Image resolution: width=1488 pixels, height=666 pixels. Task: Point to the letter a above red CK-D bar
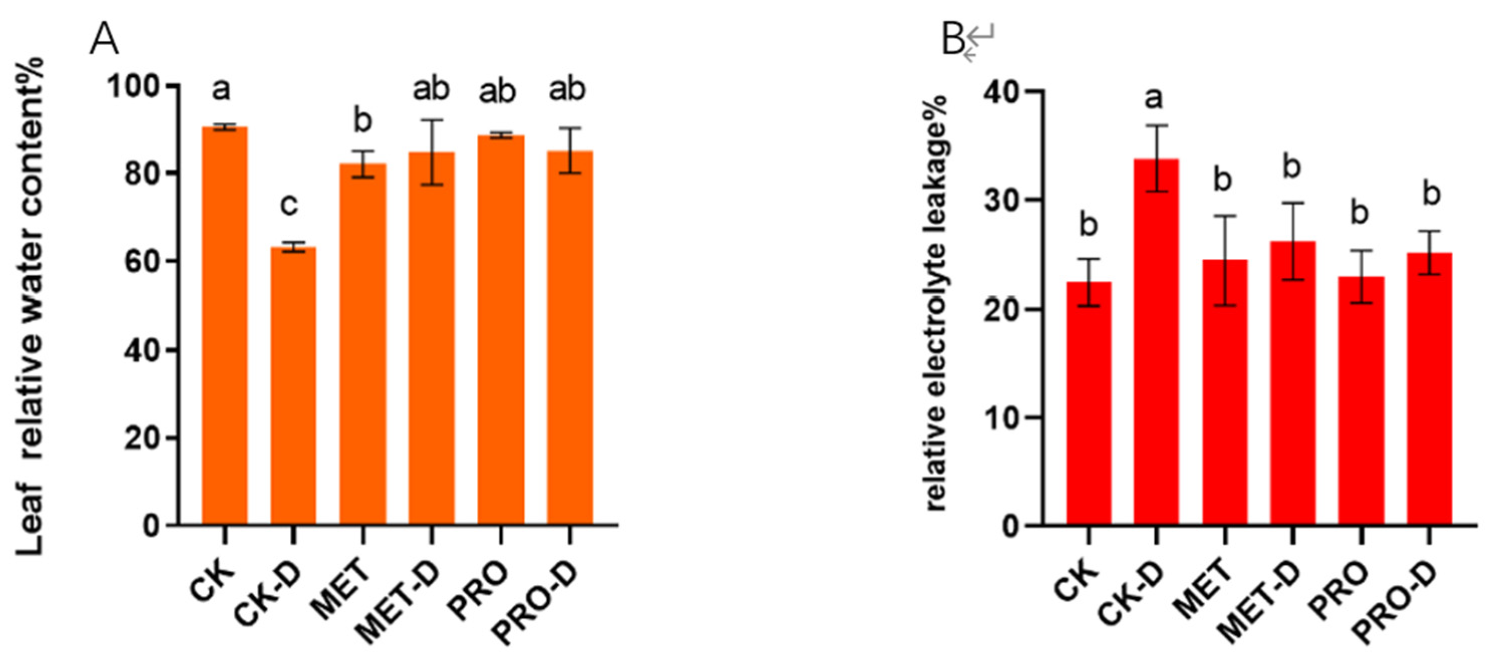(x=1154, y=99)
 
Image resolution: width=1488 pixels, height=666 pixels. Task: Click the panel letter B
(x=953, y=41)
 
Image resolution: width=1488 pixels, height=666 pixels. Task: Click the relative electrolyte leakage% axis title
(x=937, y=303)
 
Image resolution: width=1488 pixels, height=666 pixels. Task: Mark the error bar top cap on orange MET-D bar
(x=432, y=120)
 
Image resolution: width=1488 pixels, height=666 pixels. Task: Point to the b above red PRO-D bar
(x=1431, y=194)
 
